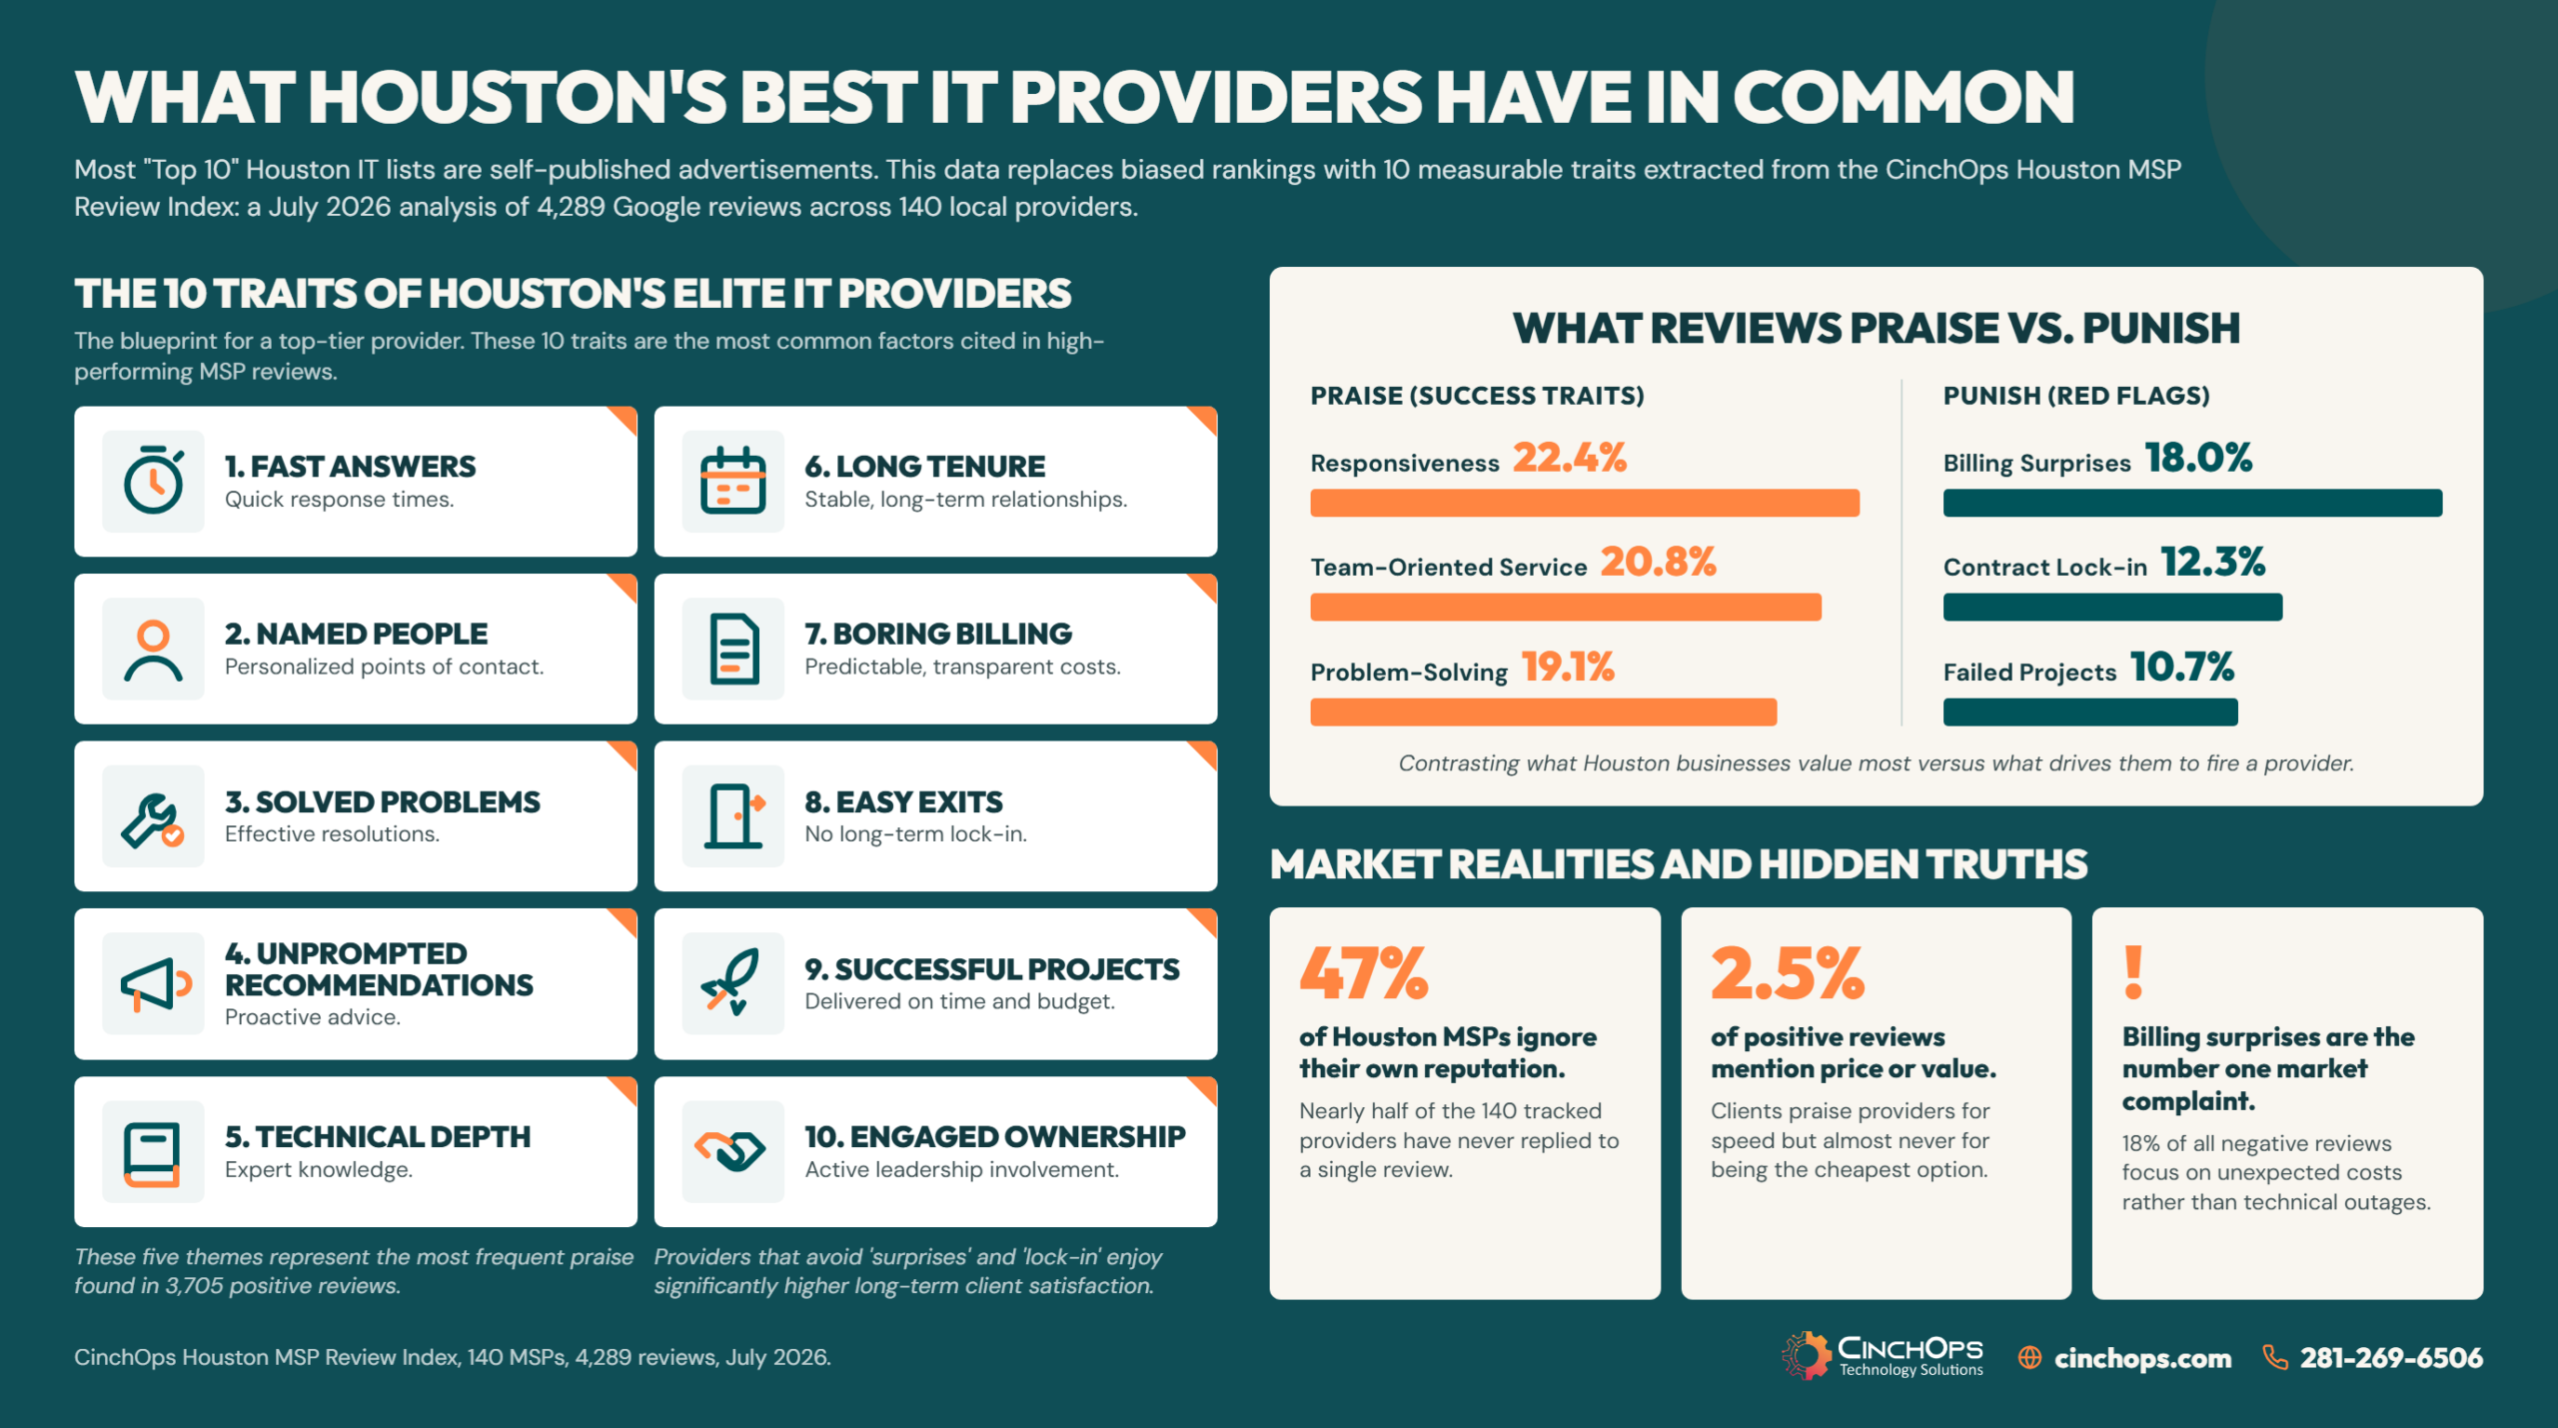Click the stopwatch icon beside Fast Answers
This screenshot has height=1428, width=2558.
pos(154,481)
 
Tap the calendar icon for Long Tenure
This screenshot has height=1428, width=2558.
pos(733,481)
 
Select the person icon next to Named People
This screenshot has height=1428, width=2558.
pos(153,650)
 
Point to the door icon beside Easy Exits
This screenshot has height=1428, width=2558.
pos(734,816)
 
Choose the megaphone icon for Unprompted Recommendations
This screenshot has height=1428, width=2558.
pos(155,984)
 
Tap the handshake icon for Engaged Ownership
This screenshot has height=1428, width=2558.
pos(731,1151)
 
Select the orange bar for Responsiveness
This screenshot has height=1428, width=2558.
pos(1585,503)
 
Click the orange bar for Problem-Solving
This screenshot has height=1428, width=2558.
pos(1544,712)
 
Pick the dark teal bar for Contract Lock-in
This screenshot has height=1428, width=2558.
pos(2112,607)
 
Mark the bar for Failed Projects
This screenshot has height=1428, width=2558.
pos(2090,712)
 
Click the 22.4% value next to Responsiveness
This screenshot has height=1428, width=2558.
pos(1570,458)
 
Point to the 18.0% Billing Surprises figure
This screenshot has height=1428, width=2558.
pos(2198,458)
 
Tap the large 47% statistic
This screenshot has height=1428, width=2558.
pos(1364,973)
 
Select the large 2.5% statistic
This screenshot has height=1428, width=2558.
pos(1788,973)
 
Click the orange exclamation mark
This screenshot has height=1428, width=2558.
pos(2133,972)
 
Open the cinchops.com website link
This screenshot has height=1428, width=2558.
pos(2142,1358)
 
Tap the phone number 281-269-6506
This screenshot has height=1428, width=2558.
pos(2391,1357)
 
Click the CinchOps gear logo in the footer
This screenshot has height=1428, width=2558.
pos(1807,1356)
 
